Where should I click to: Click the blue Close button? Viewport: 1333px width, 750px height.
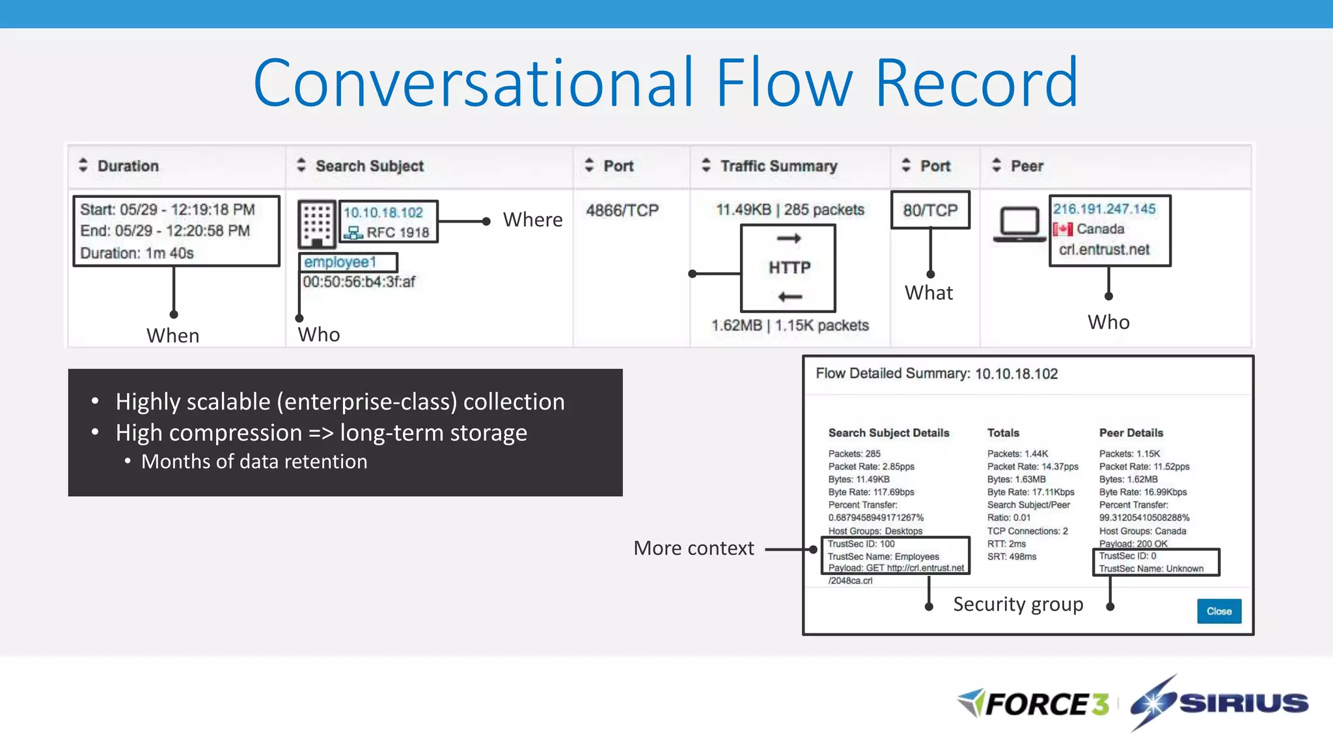pyautogui.click(x=1218, y=611)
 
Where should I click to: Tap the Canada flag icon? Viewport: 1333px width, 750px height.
pyautogui.click(x=1063, y=229)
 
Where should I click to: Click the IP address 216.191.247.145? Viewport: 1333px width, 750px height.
pyautogui.click(x=1105, y=209)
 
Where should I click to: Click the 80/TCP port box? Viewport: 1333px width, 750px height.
pyautogui.click(x=930, y=210)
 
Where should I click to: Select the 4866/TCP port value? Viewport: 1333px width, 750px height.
pyautogui.click(x=622, y=210)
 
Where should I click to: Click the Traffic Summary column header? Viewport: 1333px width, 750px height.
pyautogui.click(x=778, y=166)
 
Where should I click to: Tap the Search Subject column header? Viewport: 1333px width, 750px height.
pyautogui.click(x=370, y=166)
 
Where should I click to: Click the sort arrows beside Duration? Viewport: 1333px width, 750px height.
pyautogui.click(x=83, y=165)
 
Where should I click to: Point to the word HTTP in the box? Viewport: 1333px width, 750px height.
pyautogui.click(x=790, y=268)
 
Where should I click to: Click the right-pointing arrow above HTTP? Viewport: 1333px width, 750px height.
pyautogui.click(x=789, y=238)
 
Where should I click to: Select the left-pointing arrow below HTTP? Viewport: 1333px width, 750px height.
pyautogui.click(x=790, y=297)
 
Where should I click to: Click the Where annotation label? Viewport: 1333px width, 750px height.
pyautogui.click(x=532, y=220)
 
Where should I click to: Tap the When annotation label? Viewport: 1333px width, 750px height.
pyautogui.click(x=172, y=335)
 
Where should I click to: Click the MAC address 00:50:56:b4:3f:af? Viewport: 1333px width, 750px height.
pyautogui.click(x=359, y=282)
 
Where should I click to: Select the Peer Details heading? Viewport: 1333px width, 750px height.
pyautogui.click(x=1131, y=433)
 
